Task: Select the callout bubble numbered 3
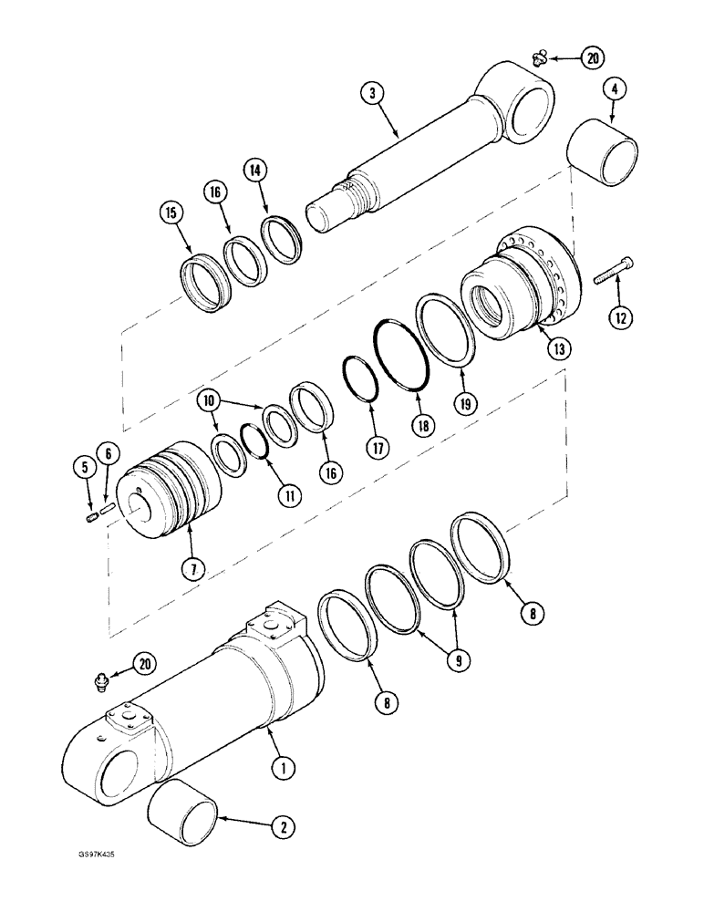[369, 91]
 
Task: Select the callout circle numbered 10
[210, 400]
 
